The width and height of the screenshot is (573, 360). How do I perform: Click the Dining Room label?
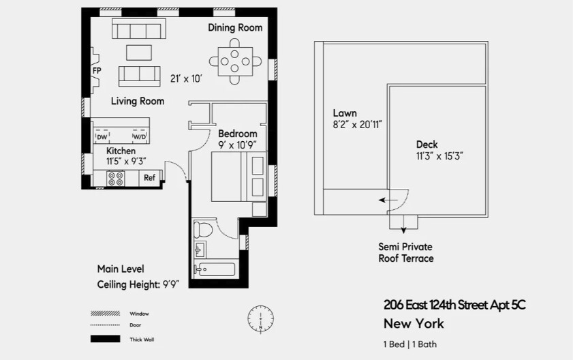(x=235, y=28)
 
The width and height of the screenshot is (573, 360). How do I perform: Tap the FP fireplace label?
(x=97, y=70)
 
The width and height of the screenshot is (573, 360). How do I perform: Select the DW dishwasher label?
(x=102, y=137)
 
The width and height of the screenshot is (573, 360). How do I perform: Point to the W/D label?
(x=138, y=137)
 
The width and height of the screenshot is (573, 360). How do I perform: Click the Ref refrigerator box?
(x=149, y=178)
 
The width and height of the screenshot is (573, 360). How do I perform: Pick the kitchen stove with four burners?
(x=116, y=179)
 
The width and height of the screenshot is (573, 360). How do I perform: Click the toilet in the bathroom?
(x=204, y=229)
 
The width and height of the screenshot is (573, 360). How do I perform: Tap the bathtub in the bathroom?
(x=215, y=269)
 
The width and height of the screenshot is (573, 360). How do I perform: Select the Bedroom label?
(x=237, y=134)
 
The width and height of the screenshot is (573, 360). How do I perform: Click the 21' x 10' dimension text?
(x=187, y=78)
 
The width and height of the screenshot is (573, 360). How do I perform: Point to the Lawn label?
(x=345, y=113)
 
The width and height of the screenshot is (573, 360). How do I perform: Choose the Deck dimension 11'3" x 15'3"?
(x=440, y=156)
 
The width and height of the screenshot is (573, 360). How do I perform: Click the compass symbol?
(x=260, y=318)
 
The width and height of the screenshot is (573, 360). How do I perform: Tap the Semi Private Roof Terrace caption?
(x=406, y=252)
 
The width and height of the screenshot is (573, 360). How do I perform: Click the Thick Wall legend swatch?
(x=101, y=339)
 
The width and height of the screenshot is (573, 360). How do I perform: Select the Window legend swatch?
(x=101, y=314)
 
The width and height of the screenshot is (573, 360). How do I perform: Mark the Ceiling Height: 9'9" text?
(x=141, y=285)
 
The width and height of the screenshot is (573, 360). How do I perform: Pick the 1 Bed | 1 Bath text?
(x=410, y=344)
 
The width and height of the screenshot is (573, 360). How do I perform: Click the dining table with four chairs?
(x=235, y=61)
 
